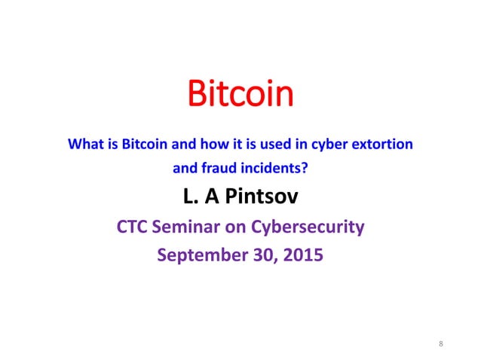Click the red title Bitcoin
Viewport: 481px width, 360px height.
coord(240,96)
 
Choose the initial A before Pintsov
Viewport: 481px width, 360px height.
coord(214,197)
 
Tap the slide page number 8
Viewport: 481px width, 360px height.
coord(440,345)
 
